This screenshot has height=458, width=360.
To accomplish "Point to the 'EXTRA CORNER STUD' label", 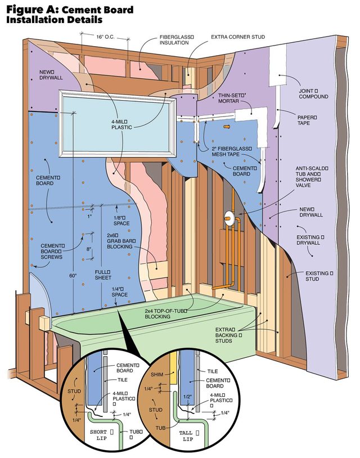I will tap(237, 37).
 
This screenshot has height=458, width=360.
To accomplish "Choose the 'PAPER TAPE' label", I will tap(307, 120).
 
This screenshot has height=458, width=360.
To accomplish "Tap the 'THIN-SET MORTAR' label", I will tap(231, 100).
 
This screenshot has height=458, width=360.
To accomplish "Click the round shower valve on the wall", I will tap(228, 215).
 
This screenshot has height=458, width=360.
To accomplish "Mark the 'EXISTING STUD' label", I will tap(314, 276).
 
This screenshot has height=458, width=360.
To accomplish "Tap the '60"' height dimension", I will tap(72, 276).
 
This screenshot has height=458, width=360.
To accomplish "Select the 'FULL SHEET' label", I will tap(102, 276).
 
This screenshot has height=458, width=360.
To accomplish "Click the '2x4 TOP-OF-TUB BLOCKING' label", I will tap(164, 313).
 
